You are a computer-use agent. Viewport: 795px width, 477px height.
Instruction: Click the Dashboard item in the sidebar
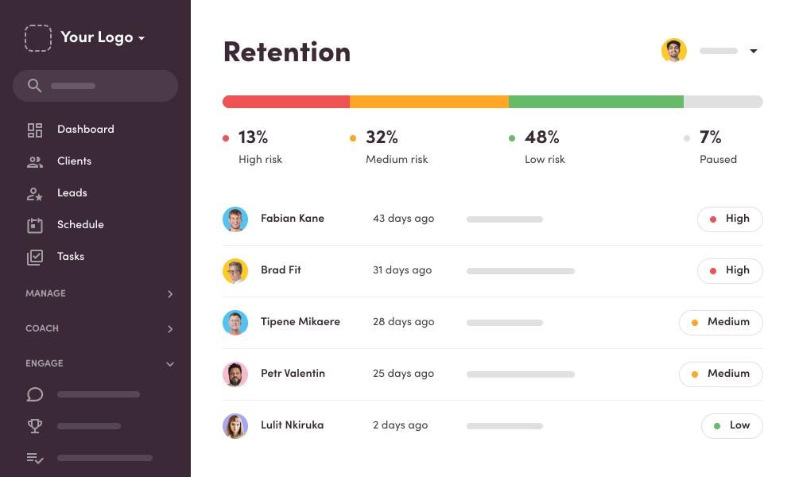[x=85, y=130]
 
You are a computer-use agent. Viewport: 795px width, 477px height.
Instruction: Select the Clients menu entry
[x=74, y=161]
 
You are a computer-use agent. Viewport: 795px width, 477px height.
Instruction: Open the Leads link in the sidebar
[x=72, y=193]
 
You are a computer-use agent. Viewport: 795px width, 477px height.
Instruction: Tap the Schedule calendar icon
[x=35, y=225]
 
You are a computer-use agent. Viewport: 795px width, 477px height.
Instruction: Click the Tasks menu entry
[x=70, y=257]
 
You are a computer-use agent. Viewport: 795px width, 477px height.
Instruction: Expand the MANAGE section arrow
[x=170, y=294]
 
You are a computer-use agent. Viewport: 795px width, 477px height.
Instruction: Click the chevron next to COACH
[x=170, y=329]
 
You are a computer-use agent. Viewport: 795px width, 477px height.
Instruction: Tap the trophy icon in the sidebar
[x=35, y=426]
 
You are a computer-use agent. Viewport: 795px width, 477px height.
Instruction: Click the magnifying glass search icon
[x=34, y=86]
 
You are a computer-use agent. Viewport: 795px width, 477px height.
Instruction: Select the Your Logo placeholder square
[x=38, y=38]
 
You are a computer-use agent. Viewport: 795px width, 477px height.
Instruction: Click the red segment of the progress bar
[x=286, y=102]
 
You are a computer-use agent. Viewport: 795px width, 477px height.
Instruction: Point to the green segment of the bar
[x=596, y=102]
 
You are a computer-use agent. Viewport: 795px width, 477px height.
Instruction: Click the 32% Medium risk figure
[x=382, y=138]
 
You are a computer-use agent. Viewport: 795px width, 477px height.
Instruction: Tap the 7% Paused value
[x=710, y=138]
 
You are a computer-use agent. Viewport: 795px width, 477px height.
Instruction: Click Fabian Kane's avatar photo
[x=235, y=219]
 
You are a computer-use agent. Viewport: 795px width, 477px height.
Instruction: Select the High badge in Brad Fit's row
[x=730, y=271]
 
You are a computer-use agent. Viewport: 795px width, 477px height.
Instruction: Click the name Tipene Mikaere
[x=300, y=322]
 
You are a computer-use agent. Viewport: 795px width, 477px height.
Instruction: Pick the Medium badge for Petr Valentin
[x=720, y=374]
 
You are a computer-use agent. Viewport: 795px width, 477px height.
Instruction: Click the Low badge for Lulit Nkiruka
[x=731, y=426]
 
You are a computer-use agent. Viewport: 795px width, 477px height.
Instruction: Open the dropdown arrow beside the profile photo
[x=754, y=52]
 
